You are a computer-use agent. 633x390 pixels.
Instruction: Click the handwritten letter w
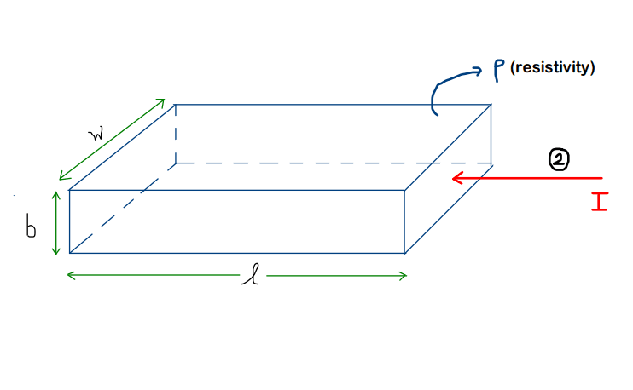click(97, 134)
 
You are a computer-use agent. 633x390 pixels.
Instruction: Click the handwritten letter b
click(31, 226)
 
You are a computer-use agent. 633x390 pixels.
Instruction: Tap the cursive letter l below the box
click(251, 275)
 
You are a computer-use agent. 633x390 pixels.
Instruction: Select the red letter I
click(600, 202)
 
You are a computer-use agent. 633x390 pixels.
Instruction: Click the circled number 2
click(559, 159)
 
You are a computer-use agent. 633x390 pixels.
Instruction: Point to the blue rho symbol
click(499, 71)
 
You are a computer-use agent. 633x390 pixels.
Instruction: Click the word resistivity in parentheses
click(552, 67)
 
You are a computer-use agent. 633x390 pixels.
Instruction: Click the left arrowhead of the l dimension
click(68, 276)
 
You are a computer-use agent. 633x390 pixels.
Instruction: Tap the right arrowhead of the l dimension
click(406, 276)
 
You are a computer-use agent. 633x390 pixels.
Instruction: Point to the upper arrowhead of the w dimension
click(165, 99)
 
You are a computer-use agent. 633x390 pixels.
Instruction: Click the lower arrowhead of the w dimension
click(60, 180)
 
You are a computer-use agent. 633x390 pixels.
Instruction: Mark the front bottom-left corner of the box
click(70, 253)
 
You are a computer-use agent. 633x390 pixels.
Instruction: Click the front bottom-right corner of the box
click(404, 253)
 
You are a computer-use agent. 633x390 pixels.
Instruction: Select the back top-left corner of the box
click(175, 105)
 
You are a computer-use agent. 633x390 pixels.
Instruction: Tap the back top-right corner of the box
click(491, 105)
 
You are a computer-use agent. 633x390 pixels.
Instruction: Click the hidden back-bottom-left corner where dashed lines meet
click(176, 163)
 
